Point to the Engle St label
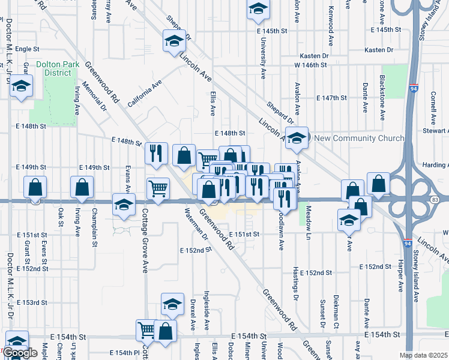27,49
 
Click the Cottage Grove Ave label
145,240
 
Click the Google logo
20,353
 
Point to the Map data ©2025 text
423,355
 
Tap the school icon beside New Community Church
297,137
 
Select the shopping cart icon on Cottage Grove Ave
158,188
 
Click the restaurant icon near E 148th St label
156,152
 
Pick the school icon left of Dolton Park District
21,86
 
